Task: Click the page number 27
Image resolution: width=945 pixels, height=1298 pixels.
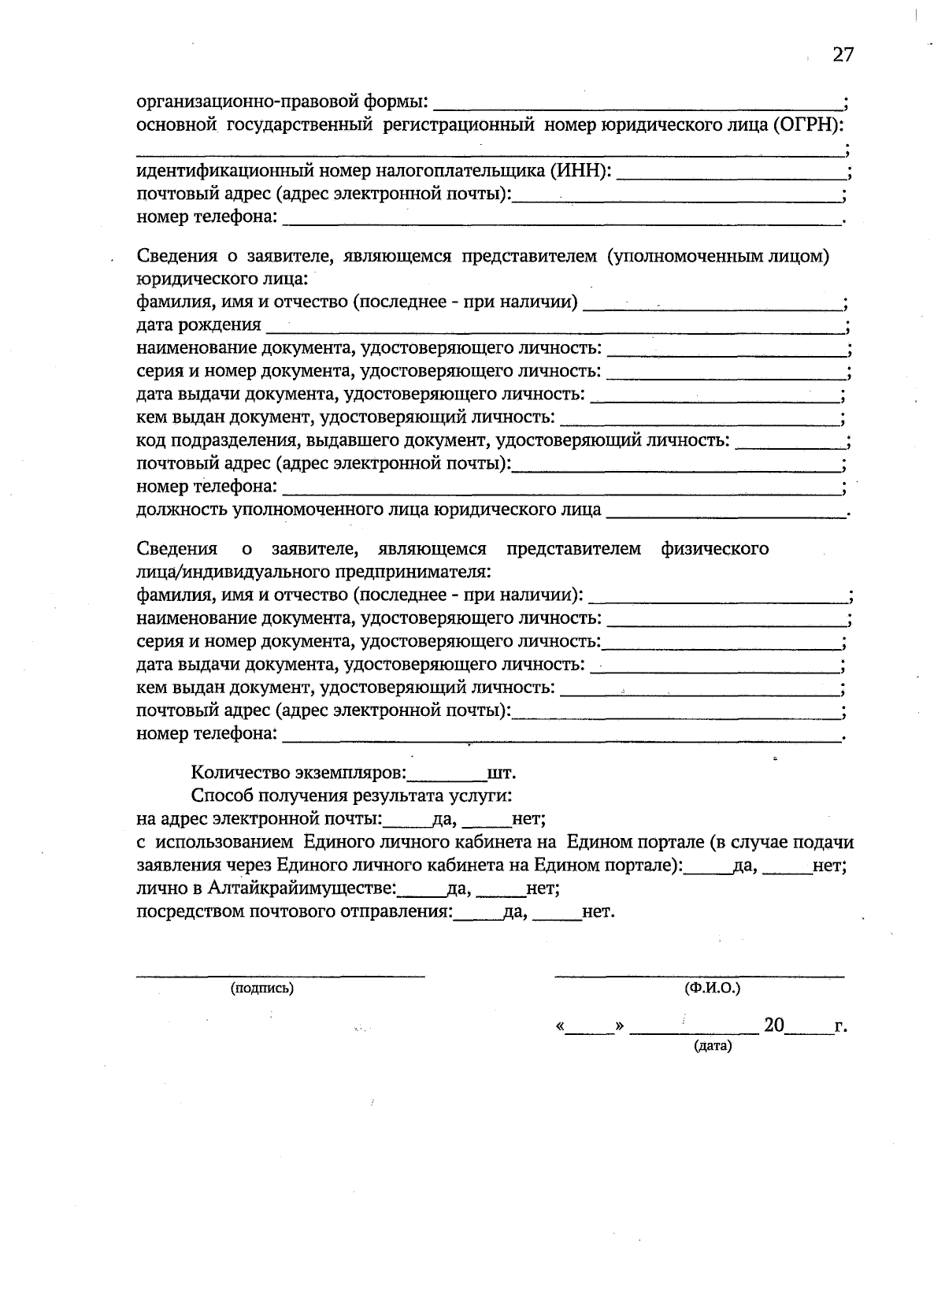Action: pos(843,54)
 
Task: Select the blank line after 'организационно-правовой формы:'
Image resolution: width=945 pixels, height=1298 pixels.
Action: pos(638,102)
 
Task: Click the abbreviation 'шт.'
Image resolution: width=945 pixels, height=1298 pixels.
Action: pos(502,772)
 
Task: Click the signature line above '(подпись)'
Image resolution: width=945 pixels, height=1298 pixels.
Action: pos(281,975)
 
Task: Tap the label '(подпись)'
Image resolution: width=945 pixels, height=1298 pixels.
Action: pos(261,988)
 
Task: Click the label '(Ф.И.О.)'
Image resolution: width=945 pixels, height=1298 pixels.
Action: pos(713,988)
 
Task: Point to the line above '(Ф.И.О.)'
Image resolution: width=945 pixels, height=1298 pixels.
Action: pos(699,975)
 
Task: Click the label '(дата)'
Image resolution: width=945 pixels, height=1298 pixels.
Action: pos(713,1047)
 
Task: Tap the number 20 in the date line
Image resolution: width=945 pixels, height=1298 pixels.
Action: pos(773,1025)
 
